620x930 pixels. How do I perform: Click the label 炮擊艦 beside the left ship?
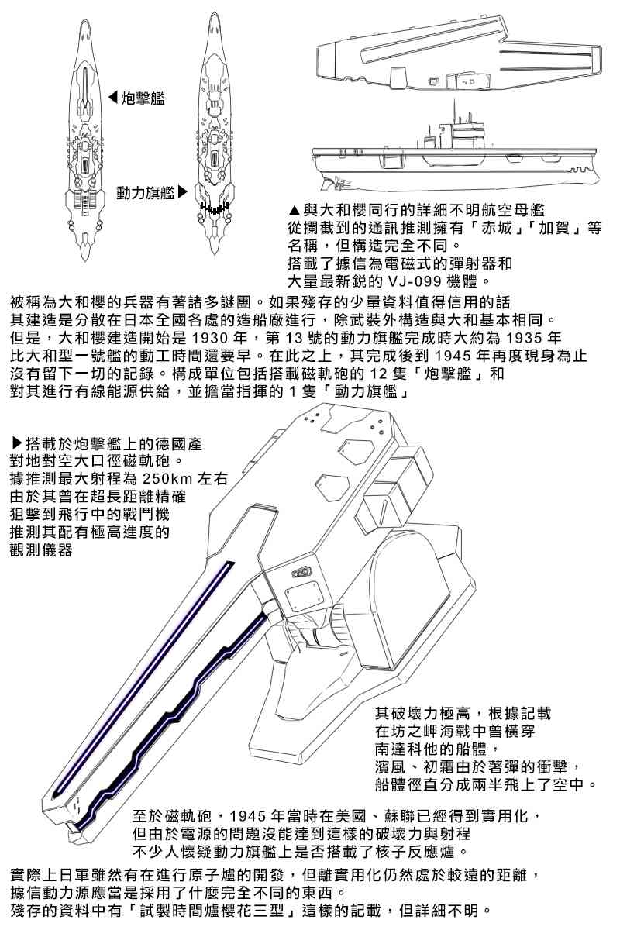coord(143,98)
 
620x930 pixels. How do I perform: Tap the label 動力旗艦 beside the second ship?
coord(145,191)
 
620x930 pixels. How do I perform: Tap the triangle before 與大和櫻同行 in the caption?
coord(293,210)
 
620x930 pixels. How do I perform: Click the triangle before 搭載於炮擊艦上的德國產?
coord(17,444)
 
